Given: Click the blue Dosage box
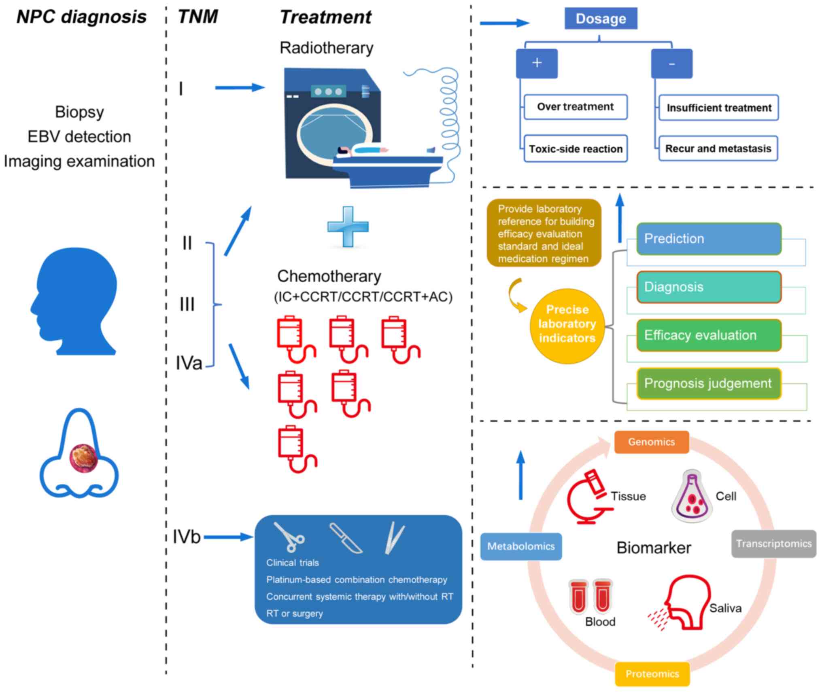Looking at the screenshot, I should [x=601, y=19].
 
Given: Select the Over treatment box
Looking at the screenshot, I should [x=575, y=107].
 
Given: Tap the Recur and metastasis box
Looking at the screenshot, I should [x=718, y=148].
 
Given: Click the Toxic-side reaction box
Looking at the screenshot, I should [x=575, y=149].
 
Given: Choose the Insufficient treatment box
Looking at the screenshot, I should [x=718, y=108].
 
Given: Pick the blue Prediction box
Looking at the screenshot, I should [x=708, y=239].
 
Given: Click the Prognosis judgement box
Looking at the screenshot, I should [x=708, y=383].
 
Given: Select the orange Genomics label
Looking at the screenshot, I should [x=651, y=442].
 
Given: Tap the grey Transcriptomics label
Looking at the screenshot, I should [x=773, y=544].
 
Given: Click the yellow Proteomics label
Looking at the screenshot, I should [x=652, y=674].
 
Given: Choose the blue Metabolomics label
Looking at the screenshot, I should [x=521, y=546].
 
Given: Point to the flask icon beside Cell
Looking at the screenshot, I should [x=692, y=497].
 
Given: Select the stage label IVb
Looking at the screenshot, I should [x=187, y=537].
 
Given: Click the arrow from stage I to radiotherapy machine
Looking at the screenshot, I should [x=240, y=87].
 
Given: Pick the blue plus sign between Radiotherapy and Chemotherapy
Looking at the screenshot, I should [x=348, y=226].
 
